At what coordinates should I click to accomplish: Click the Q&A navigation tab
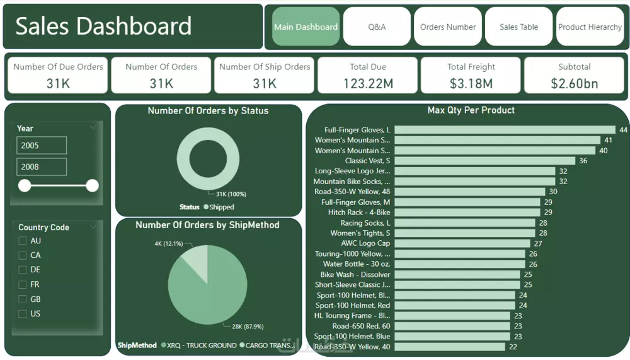(377, 27)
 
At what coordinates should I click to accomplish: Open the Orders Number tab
(448, 27)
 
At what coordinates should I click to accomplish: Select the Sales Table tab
(518, 27)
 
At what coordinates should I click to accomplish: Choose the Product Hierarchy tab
(590, 27)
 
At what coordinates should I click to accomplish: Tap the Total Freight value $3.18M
(471, 83)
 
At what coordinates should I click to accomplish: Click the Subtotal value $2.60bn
(574, 83)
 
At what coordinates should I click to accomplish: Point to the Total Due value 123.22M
(367, 83)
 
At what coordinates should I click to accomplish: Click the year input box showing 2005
(42, 146)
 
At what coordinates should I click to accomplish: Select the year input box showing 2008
(42, 167)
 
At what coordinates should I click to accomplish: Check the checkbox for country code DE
(23, 270)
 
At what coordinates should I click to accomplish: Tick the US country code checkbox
(23, 314)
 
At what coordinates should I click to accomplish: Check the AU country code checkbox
(23, 241)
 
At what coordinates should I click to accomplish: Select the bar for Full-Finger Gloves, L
(505, 130)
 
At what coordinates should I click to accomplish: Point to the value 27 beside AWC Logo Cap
(538, 243)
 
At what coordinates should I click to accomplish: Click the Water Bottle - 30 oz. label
(357, 264)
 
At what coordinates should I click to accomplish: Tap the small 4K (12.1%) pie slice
(196, 260)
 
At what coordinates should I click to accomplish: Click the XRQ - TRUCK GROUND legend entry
(198, 345)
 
